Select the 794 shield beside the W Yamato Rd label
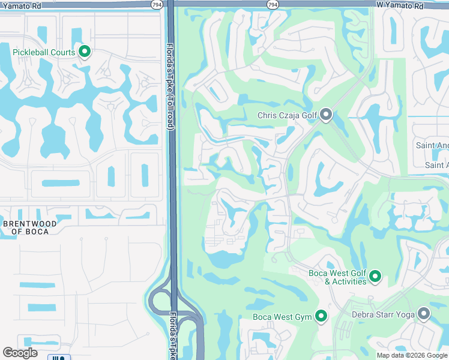click(x=273, y=4)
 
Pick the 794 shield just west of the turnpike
click(x=155, y=4)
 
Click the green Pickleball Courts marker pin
click(x=85, y=52)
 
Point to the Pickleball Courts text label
click(x=44, y=52)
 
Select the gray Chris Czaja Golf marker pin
click(x=326, y=114)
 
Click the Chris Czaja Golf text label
click(x=286, y=115)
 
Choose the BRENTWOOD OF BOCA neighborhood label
click(x=30, y=227)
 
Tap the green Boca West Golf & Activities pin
click(x=375, y=276)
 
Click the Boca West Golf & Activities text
click(x=337, y=277)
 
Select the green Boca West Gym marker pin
click(x=321, y=316)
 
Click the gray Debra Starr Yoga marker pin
click(x=424, y=313)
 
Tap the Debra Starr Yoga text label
click(x=385, y=314)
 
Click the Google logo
click(x=20, y=353)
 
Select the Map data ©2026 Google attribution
click(x=411, y=355)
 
